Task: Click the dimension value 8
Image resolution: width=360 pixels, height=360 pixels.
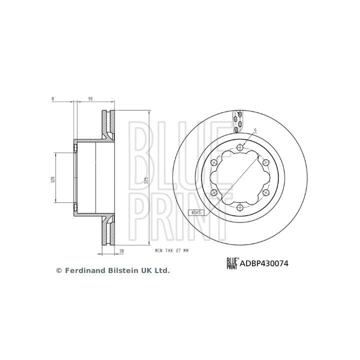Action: (52, 98)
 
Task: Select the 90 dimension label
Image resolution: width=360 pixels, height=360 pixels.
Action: (90, 98)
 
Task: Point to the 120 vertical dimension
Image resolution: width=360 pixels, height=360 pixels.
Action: (52, 179)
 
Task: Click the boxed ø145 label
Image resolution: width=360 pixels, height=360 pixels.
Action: (196, 212)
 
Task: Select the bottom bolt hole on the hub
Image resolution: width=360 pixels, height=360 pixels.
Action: (239, 207)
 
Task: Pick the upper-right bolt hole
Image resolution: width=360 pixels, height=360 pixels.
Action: (265, 161)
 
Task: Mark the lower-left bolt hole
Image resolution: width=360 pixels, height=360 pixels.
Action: (213, 192)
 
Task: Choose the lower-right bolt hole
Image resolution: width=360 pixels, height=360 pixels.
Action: (265, 192)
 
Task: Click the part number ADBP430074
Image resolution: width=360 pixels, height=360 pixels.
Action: (264, 262)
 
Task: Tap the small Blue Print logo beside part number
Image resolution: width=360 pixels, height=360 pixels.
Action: (232, 262)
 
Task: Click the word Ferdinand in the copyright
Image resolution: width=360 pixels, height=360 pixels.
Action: (84, 270)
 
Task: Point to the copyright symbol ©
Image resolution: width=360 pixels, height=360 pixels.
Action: (58, 270)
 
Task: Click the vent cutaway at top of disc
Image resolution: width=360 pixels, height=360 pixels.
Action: (237, 120)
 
